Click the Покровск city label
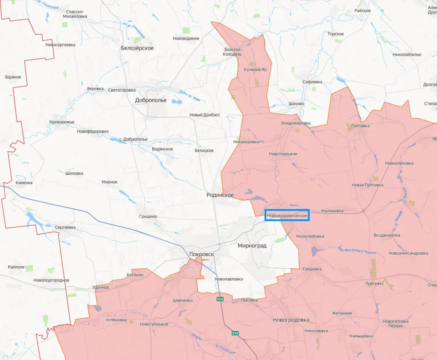(201, 254)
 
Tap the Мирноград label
(252, 246)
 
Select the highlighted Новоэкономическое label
(287, 216)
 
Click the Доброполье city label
(151, 101)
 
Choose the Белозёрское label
(137, 48)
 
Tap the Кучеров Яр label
(255, 69)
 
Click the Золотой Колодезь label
(233, 52)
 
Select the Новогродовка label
(291, 320)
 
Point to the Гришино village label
(148, 217)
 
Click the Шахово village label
(296, 104)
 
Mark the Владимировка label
(296, 123)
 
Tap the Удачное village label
(101, 287)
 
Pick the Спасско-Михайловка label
(76, 14)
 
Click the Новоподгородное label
(51, 280)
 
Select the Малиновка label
(332, 211)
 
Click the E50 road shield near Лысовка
(220, 299)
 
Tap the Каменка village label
(24, 183)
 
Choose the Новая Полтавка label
(367, 185)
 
